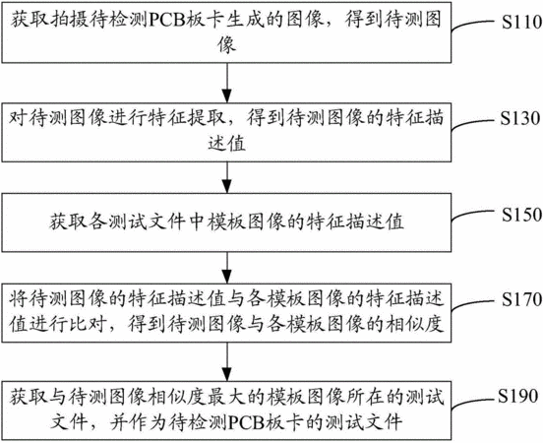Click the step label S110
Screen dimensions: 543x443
(x=522, y=23)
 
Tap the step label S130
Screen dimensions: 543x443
(x=520, y=118)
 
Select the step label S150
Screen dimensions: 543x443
(x=522, y=215)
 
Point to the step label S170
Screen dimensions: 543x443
(x=522, y=299)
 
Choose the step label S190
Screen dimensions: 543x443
(x=518, y=396)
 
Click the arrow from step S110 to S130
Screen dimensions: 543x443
(x=227, y=83)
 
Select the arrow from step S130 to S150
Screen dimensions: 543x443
(x=227, y=177)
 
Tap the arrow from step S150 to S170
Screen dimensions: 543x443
(x=227, y=268)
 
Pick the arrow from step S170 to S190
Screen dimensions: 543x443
(x=227, y=362)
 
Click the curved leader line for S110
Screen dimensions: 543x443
(x=473, y=25)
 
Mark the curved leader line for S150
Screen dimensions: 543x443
(x=473, y=218)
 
